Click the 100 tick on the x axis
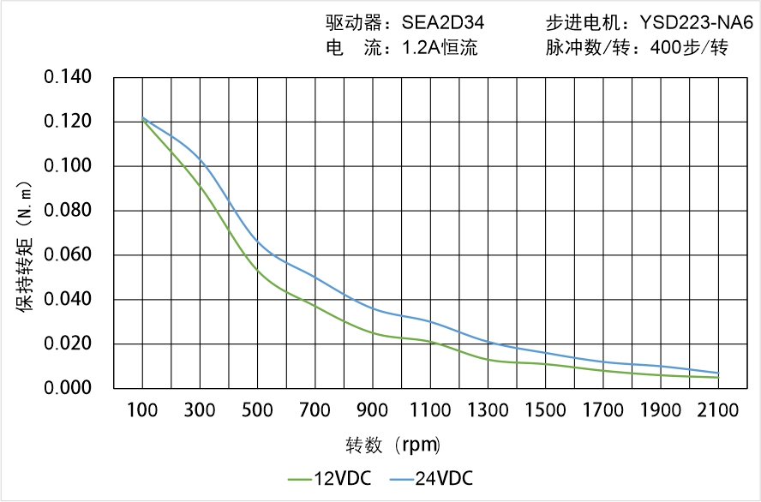tap(142, 410)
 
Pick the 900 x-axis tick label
tap(373, 410)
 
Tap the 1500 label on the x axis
tap(545, 410)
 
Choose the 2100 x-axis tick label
tap(718, 410)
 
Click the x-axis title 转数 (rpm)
tap(392, 445)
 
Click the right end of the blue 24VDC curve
tap(718, 373)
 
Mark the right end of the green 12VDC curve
tap(718, 377)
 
